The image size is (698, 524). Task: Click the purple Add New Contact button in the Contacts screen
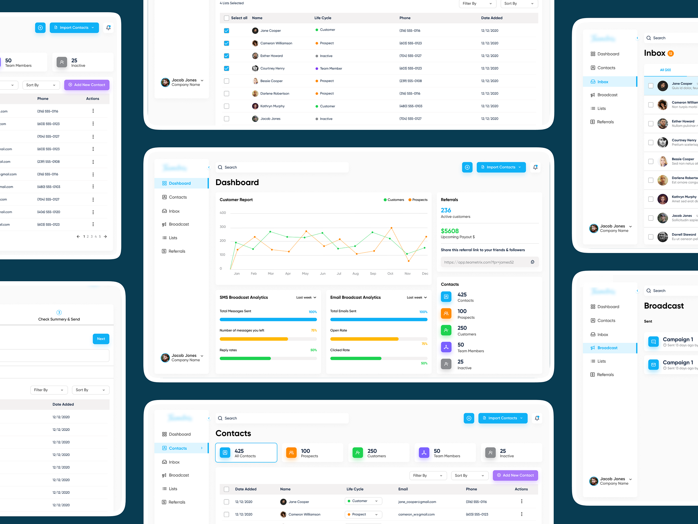pyautogui.click(x=515, y=475)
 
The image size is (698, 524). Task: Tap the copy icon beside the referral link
pyautogui.click(x=532, y=262)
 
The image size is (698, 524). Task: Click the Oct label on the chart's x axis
pyautogui.click(x=390, y=274)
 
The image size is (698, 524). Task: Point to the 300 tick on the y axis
pyautogui.click(x=223, y=227)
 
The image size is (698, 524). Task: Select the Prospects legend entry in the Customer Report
pyautogui.click(x=418, y=200)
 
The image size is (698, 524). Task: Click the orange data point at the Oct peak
pyautogui.click(x=391, y=228)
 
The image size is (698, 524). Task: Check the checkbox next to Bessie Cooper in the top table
pyautogui.click(x=226, y=81)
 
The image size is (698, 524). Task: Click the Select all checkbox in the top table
pyautogui.click(x=226, y=18)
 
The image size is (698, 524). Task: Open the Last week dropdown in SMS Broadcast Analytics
pyautogui.click(x=306, y=297)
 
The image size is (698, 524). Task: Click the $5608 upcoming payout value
pyautogui.click(x=449, y=231)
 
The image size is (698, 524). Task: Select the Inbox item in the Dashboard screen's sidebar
pyautogui.click(x=174, y=211)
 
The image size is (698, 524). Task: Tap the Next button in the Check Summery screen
pyautogui.click(x=101, y=339)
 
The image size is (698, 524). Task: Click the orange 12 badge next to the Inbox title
pyautogui.click(x=671, y=53)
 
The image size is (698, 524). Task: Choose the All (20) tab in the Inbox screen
pyautogui.click(x=665, y=70)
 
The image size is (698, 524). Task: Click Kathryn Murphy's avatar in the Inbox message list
pyautogui.click(x=662, y=199)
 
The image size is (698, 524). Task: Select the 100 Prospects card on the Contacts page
pyautogui.click(x=312, y=453)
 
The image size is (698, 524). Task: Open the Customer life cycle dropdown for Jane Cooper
pyautogui.click(x=363, y=501)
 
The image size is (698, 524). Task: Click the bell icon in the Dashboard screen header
pyautogui.click(x=535, y=167)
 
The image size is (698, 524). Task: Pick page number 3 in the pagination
pyautogui.click(x=92, y=236)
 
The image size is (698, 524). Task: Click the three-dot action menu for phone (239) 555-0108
pyautogui.click(x=93, y=162)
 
